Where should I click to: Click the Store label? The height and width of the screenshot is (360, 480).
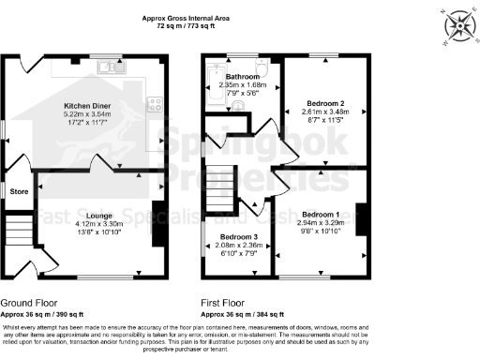pyautogui.click(x=18, y=192)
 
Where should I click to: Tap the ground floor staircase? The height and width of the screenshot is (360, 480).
pyautogui.click(x=19, y=229)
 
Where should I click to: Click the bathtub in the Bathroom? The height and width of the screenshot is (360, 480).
pyautogui.click(x=214, y=85)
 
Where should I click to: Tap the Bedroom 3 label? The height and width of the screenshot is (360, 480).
pyautogui.click(x=238, y=237)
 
